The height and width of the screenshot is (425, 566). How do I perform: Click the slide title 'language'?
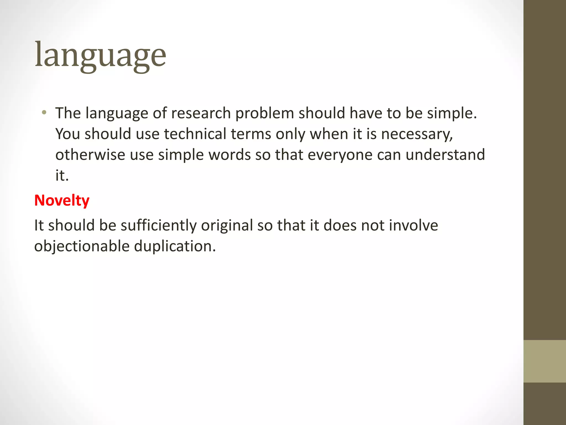click(100, 55)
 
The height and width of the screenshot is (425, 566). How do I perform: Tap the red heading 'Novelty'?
click(62, 200)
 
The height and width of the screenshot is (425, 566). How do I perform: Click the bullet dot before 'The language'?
click(44, 113)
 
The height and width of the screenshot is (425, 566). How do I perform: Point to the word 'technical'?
click(195, 134)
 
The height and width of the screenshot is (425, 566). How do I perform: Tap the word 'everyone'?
click(340, 155)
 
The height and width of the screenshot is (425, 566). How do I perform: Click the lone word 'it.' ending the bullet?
click(62, 175)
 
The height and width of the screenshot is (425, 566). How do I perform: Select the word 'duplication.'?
click(175, 246)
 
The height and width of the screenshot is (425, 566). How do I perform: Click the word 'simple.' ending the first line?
click(452, 113)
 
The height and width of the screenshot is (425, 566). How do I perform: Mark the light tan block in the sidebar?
click(544, 361)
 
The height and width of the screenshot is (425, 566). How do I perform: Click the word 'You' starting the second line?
click(67, 134)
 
